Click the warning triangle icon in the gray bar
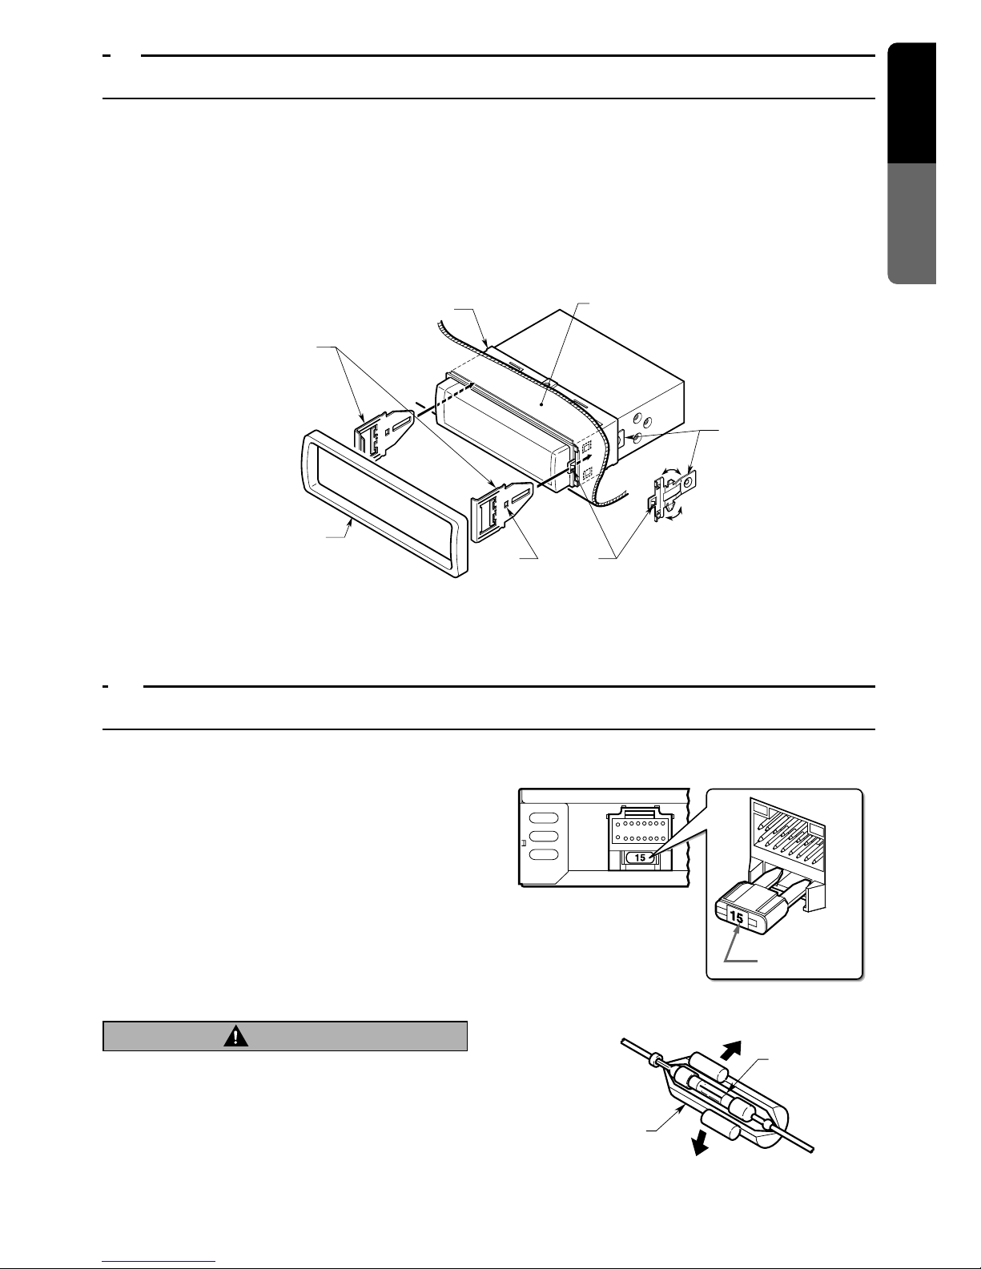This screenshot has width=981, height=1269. [x=235, y=1036]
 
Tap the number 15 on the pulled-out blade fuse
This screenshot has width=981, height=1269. [x=736, y=918]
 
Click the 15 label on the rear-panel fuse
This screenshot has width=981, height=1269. [x=640, y=857]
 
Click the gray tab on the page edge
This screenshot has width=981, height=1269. [x=911, y=223]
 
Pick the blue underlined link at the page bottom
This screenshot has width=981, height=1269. [x=159, y=1260]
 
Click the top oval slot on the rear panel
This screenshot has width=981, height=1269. [x=544, y=817]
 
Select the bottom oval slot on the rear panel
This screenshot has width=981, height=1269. [x=544, y=855]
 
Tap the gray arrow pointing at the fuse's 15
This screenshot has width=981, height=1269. [x=737, y=945]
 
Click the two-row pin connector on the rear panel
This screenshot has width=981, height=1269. [x=639, y=829]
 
